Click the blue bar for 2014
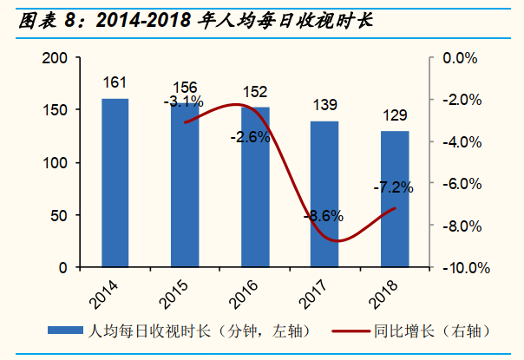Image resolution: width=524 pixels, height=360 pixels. [x=115, y=183]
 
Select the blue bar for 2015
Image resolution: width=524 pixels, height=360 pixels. [x=185, y=186]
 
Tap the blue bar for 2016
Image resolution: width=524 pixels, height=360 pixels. [x=254, y=187]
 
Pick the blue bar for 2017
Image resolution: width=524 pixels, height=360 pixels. [x=324, y=194]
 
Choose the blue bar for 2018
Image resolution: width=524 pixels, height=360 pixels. [x=395, y=200]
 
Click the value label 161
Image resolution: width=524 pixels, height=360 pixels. [x=115, y=83]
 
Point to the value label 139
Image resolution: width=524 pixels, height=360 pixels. [x=324, y=106]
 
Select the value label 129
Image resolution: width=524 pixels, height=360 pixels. [x=395, y=116]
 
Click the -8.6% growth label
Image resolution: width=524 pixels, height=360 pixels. [x=324, y=216]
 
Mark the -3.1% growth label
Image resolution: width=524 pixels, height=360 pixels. [x=183, y=102]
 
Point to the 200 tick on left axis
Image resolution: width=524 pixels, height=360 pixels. [x=56, y=58]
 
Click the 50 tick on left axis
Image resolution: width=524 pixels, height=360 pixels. [x=60, y=215]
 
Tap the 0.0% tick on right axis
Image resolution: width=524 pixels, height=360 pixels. [x=460, y=58]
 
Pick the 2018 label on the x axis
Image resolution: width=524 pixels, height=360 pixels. [x=383, y=291]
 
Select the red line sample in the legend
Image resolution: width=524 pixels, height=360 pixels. [x=344, y=331]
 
